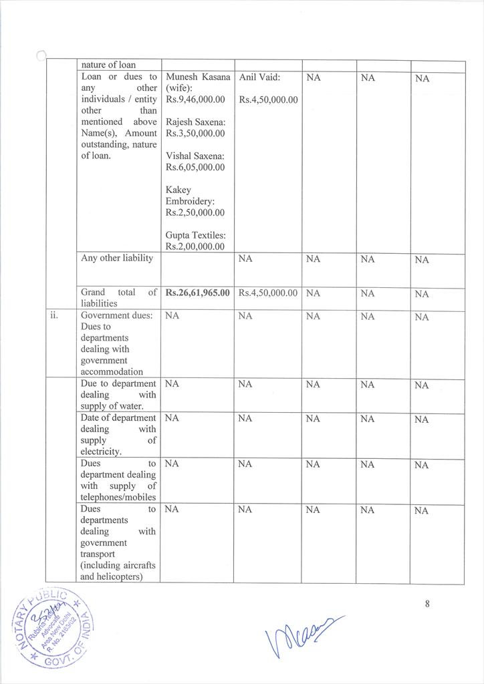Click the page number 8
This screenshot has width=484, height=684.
pyautogui.click(x=427, y=604)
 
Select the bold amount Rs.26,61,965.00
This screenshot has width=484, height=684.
pyautogui.click(x=197, y=293)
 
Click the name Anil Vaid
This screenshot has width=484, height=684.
pyautogui.click(x=259, y=77)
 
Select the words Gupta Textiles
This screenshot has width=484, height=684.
pyautogui.click(x=195, y=235)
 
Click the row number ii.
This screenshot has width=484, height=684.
pyautogui.click(x=56, y=315)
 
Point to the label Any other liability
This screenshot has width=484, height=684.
pyautogui.click(x=117, y=259)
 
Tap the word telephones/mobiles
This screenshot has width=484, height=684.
pyautogui.click(x=118, y=497)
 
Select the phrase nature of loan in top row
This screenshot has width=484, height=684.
pyautogui.click(x=108, y=65)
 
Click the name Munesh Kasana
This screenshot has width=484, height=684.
pyautogui.click(x=197, y=77)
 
